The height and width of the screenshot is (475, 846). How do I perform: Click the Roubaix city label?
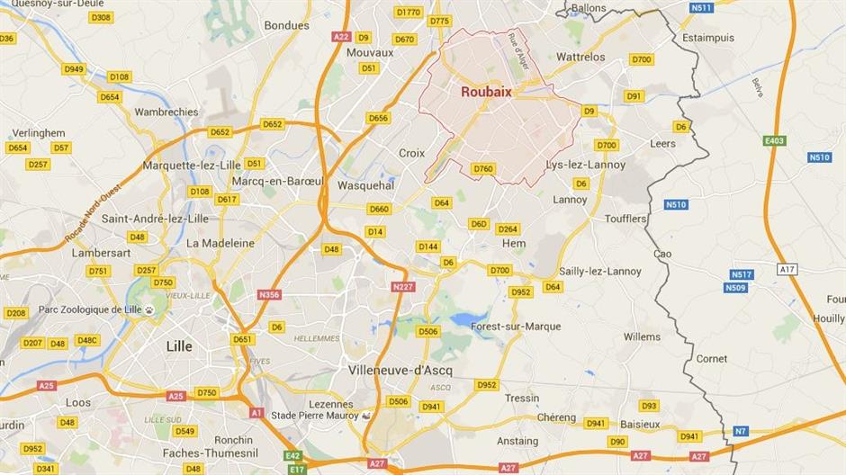487,92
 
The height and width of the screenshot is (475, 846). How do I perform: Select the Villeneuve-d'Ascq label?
400,370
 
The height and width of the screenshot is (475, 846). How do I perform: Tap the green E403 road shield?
774,140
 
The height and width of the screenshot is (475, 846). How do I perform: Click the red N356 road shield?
268,294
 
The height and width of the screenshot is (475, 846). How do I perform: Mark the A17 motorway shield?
788,269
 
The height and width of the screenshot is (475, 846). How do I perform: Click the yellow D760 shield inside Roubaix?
483,169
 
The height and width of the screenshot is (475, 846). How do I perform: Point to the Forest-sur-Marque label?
515,327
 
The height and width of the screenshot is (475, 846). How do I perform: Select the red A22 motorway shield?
340,37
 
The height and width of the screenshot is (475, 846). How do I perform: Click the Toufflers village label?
625,219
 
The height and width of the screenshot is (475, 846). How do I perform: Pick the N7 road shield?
740,431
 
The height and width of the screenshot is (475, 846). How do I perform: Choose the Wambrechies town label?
166,112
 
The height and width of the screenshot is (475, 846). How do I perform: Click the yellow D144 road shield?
427,246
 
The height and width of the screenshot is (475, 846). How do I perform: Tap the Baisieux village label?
640,424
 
